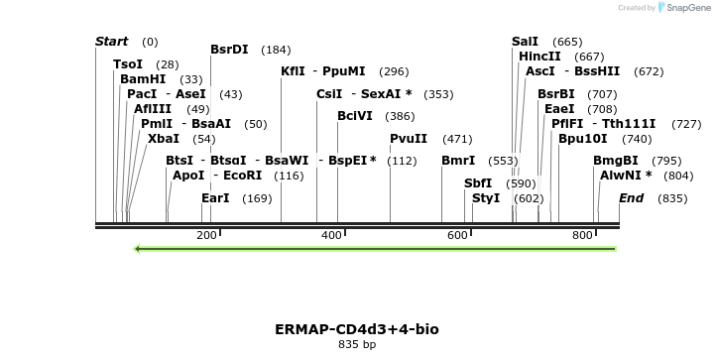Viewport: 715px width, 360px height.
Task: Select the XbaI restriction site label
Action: (x=164, y=138)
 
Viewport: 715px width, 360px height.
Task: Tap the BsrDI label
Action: (x=229, y=49)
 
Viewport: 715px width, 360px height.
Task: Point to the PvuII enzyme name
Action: (x=409, y=138)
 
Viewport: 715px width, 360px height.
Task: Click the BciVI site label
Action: (x=355, y=115)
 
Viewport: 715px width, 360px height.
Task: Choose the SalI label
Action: (x=526, y=41)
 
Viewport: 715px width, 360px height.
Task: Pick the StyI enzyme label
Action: (x=486, y=198)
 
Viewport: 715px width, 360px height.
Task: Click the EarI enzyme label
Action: (x=215, y=198)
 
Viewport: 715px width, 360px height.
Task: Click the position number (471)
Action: (x=457, y=139)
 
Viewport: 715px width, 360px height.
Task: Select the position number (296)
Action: (x=394, y=71)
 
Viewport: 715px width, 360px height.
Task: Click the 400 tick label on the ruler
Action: (x=331, y=235)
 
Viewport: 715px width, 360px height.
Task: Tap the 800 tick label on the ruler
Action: (x=582, y=235)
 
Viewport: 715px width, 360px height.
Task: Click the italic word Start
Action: (x=111, y=41)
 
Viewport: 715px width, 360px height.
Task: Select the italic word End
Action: (x=631, y=198)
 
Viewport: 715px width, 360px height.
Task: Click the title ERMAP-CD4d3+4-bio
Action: (x=357, y=328)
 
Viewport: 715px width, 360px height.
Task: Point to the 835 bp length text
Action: (x=357, y=345)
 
